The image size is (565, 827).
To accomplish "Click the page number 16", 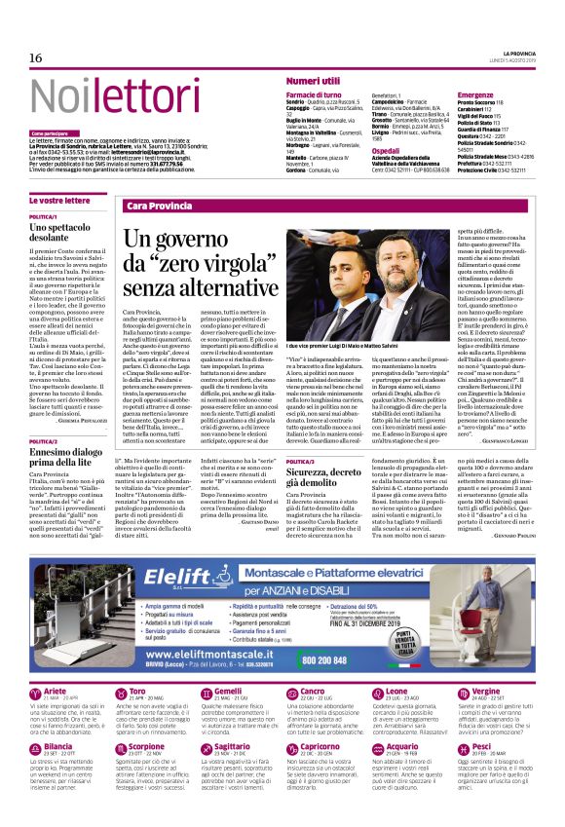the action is pos(35,57).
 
